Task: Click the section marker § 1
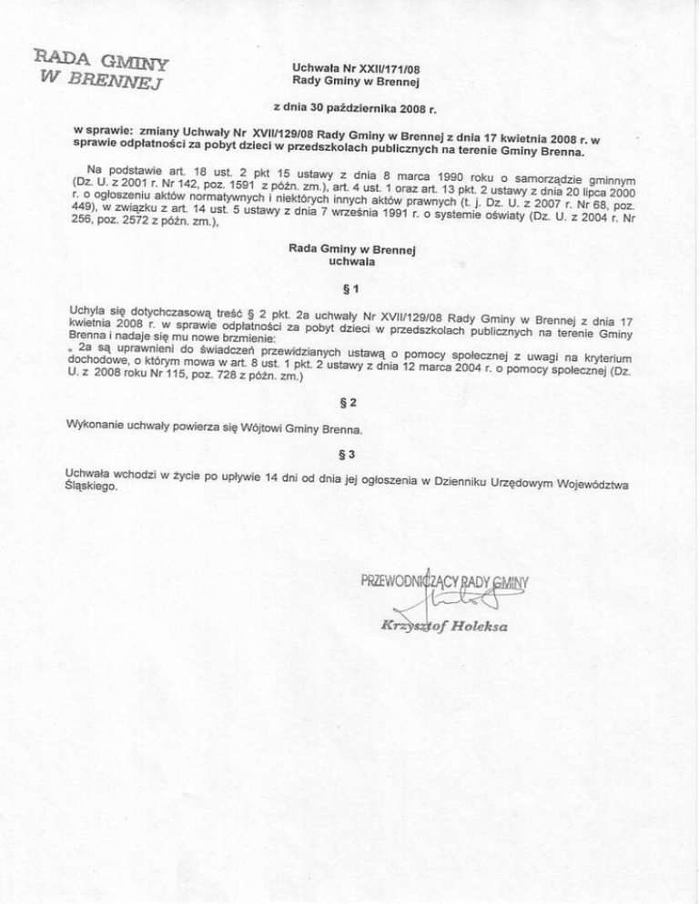[349, 289]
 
